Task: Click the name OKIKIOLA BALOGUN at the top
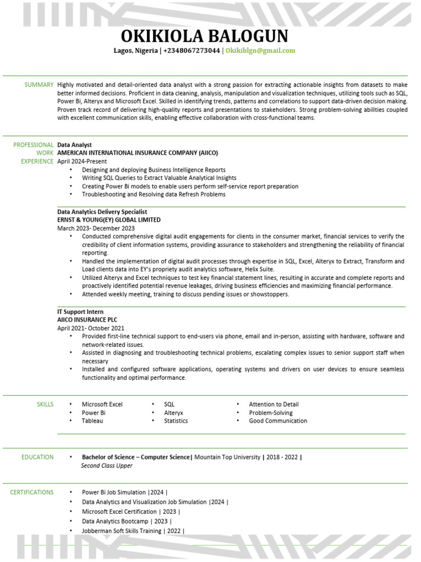click(x=204, y=36)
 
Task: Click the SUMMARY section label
click(x=39, y=85)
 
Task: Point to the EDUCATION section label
click(x=37, y=457)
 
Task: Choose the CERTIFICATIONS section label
click(x=32, y=492)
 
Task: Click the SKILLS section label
click(x=45, y=404)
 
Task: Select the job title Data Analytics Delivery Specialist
click(x=102, y=212)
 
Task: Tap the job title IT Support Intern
click(x=80, y=312)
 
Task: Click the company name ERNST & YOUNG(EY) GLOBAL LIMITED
click(x=109, y=220)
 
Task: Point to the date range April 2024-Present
click(x=82, y=162)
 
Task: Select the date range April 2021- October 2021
click(x=91, y=328)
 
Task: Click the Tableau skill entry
click(x=92, y=421)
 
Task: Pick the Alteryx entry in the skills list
click(x=173, y=413)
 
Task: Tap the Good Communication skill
click(x=278, y=421)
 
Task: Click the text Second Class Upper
click(x=106, y=466)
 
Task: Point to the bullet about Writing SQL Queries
click(x=159, y=178)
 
